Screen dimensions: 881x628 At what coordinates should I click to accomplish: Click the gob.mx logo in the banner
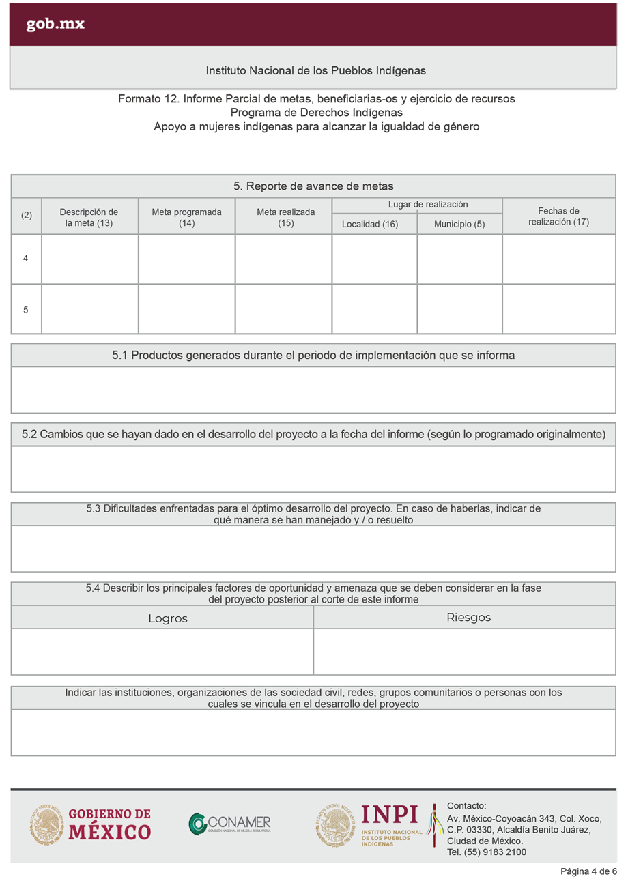point(55,25)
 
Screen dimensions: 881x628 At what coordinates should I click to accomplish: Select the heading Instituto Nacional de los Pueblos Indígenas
point(315,71)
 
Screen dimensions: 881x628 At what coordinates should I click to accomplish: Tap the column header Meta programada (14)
point(186,217)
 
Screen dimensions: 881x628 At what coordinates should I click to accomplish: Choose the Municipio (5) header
point(459,224)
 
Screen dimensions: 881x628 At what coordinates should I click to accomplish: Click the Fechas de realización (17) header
point(558,216)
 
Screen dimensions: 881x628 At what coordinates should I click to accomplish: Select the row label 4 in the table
point(26,259)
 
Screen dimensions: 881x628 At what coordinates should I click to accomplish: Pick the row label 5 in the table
point(26,309)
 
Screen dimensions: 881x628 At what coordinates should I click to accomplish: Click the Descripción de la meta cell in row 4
point(89,259)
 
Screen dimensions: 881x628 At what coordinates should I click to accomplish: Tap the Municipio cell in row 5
point(459,309)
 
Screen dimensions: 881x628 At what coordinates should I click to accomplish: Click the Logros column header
point(168,618)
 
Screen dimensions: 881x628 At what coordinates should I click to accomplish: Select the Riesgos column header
point(468,618)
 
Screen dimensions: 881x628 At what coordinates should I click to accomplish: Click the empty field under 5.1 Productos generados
point(313,390)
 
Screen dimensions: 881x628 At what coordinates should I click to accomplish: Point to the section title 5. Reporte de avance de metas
point(313,186)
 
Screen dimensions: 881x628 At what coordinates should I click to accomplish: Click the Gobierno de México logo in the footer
point(91,824)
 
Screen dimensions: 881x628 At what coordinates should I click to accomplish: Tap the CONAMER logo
point(230,824)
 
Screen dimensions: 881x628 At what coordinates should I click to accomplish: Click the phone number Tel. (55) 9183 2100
point(486,852)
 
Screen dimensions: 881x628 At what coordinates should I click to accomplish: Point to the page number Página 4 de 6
point(588,871)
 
